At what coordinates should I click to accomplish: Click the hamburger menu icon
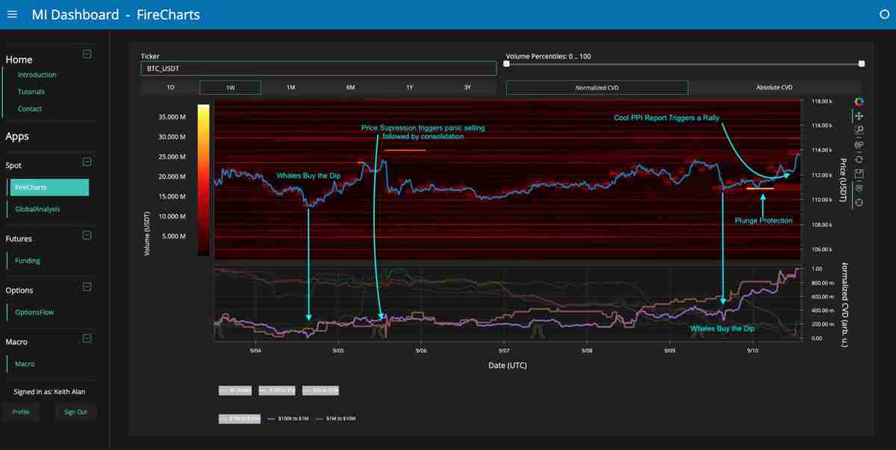[12, 14]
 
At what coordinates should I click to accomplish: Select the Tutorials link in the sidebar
[31, 92]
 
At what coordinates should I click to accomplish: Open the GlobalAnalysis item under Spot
[37, 210]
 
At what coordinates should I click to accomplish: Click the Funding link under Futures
[28, 260]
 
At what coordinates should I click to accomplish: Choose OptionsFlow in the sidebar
[34, 312]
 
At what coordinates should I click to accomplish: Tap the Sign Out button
[75, 412]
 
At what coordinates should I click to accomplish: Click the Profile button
[21, 412]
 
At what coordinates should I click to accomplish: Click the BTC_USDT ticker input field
[318, 69]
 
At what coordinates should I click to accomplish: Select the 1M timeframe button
[290, 87]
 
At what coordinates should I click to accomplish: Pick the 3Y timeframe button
[467, 87]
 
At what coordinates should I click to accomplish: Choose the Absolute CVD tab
[774, 87]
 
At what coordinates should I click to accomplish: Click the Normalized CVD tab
[597, 87]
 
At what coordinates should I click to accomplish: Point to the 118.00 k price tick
[821, 101]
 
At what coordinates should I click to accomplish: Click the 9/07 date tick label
[504, 351]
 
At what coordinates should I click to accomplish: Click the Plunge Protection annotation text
[763, 221]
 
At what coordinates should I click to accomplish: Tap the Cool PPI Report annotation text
[666, 118]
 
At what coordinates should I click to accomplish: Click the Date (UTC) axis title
[507, 366]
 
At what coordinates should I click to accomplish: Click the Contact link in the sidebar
[30, 109]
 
